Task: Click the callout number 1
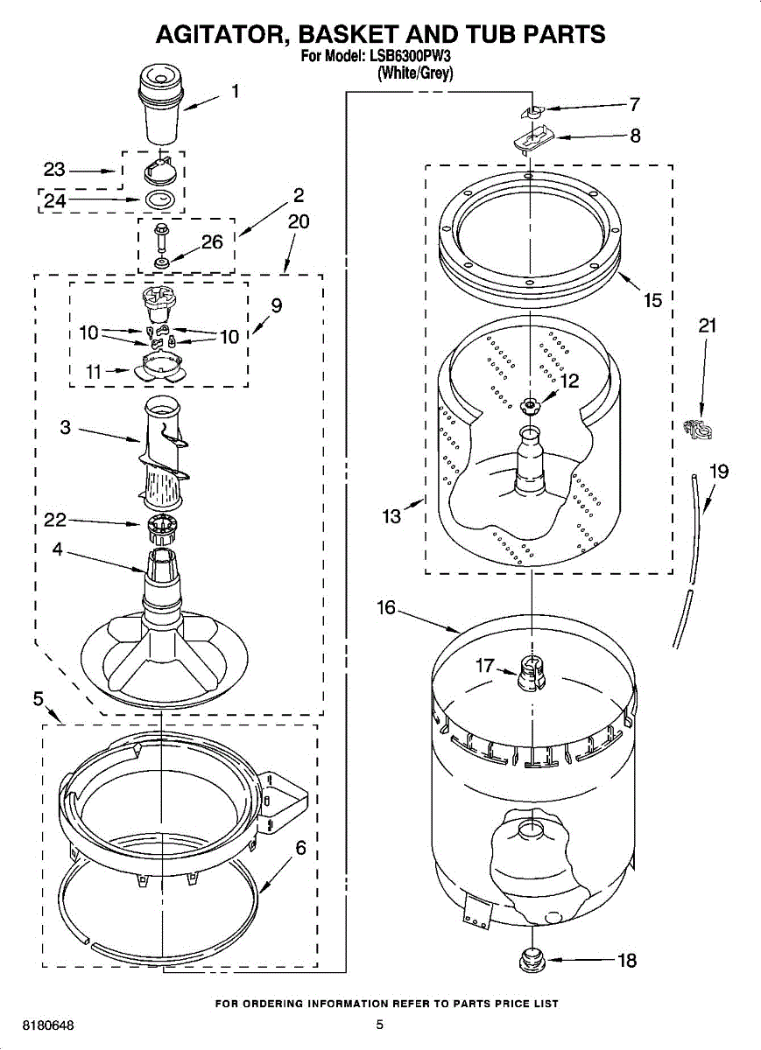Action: coord(235,90)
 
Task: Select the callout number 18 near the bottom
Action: coord(627,960)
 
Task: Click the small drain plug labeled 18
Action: coord(532,961)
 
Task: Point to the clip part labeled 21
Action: coord(695,430)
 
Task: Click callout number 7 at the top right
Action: coord(634,105)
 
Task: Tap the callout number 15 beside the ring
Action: coord(652,301)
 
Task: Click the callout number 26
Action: coord(213,242)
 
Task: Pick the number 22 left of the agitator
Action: coord(55,521)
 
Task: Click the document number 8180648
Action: coord(36,1025)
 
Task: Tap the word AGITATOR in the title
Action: coord(216,34)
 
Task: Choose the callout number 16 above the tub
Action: coord(387,607)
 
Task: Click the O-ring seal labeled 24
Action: coord(159,200)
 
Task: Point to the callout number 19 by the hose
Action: coord(718,472)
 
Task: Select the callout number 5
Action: coord(39,698)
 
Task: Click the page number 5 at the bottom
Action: coord(379,1025)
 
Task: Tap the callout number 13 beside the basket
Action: coord(391,516)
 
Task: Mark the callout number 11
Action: coord(95,371)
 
